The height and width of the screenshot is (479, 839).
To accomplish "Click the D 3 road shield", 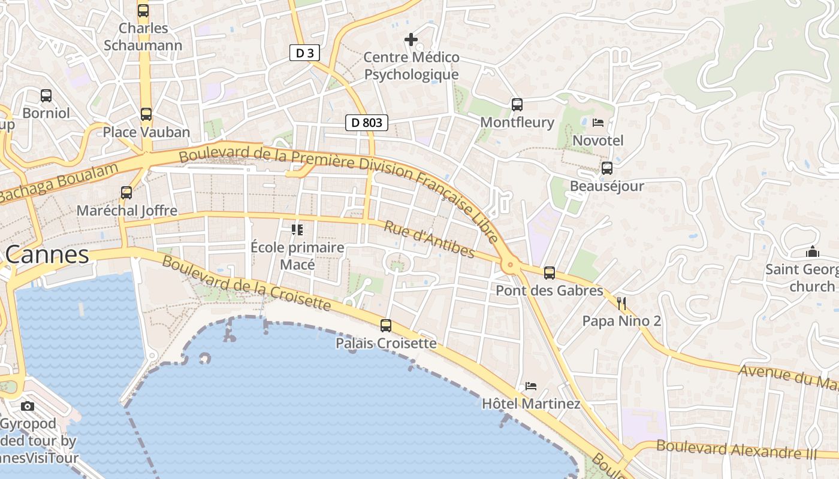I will click(304, 53).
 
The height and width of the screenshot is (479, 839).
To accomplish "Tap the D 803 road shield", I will click(367, 123).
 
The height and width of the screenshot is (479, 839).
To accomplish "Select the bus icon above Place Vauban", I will click(146, 114).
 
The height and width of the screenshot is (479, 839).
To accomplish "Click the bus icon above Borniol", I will click(46, 95).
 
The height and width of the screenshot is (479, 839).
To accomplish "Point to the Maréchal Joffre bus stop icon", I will click(126, 192).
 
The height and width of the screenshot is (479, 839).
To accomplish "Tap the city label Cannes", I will click(47, 255).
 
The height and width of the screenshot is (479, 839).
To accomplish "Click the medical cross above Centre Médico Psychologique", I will click(411, 40).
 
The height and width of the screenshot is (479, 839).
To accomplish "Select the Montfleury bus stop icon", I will click(517, 104).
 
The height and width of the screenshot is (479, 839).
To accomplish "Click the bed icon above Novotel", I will click(597, 123).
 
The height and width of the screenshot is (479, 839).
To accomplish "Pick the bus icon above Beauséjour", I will click(607, 168).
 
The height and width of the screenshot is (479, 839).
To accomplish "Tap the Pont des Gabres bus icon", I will click(550, 273).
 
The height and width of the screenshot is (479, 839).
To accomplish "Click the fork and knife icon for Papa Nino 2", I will click(621, 304).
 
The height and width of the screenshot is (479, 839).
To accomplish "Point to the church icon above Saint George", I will click(813, 251).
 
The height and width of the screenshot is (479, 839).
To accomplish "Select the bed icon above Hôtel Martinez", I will click(530, 386).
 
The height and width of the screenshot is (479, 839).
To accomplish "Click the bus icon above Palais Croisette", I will click(386, 326).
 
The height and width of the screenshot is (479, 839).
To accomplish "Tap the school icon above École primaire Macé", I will click(297, 229).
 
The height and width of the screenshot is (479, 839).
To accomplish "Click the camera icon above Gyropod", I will click(28, 406).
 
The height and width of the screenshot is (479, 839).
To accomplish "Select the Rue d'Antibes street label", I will click(428, 239).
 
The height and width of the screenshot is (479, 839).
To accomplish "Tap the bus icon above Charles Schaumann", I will click(143, 10).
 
